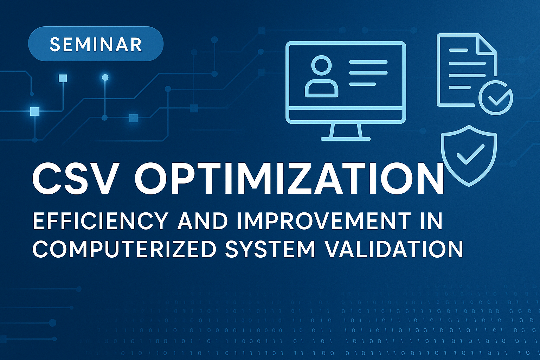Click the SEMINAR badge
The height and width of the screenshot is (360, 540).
[96, 44]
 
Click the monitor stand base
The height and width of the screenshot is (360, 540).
[346, 139]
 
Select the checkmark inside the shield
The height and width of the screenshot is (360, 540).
[470, 155]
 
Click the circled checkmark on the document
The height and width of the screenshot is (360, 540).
[496, 97]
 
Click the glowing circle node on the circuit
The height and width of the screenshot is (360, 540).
[105, 77]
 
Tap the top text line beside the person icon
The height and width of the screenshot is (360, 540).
[368, 62]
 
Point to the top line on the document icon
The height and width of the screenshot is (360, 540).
[458, 50]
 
